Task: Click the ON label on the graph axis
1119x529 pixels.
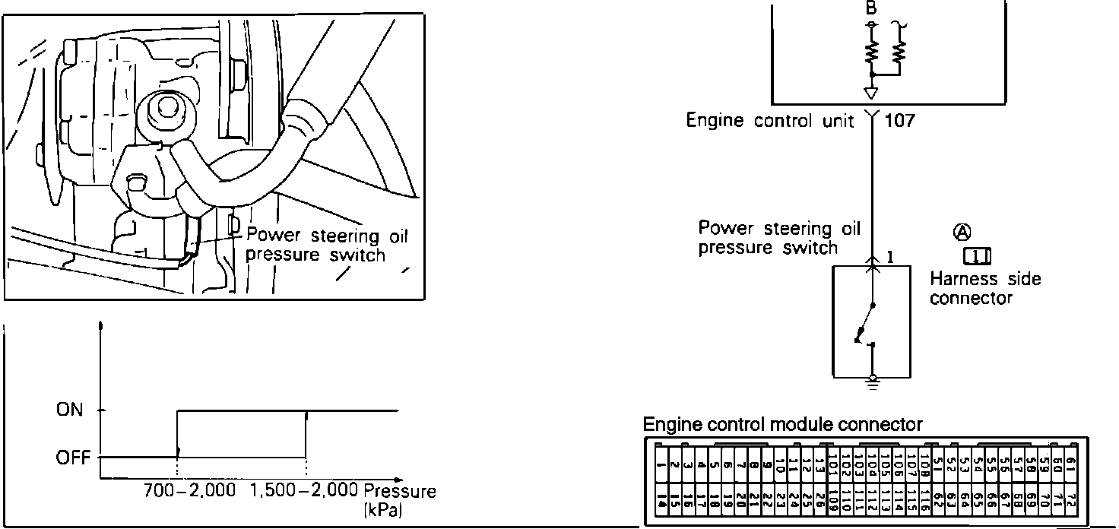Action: pyautogui.click(x=69, y=410)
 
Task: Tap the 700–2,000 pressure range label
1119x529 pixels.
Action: pyautogui.click(x=190, y=491)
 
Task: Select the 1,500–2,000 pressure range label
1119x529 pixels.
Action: pyautogui.click(x=304, y=491)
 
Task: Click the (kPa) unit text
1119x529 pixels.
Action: pyautogui.click(x=383, y=508)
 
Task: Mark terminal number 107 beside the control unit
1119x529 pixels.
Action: pyautogui.click(x=900, y=120)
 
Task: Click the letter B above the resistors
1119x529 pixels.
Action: pyautogui.click(x=871, y=9)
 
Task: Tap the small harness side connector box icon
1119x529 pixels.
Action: pyautogui.click(x=977, y=257)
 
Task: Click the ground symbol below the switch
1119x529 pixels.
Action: pyautogui.click(x=872, y=381)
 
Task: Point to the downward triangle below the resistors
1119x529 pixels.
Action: pyautogui.click(x=871, y=93)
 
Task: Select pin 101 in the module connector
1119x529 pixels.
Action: pyautogui.click(x=832, y=463)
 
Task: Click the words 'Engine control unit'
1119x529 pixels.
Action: pyautogui.click(x=771, y=121)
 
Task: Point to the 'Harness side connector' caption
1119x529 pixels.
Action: pyautogui.click(x=984, y=289)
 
